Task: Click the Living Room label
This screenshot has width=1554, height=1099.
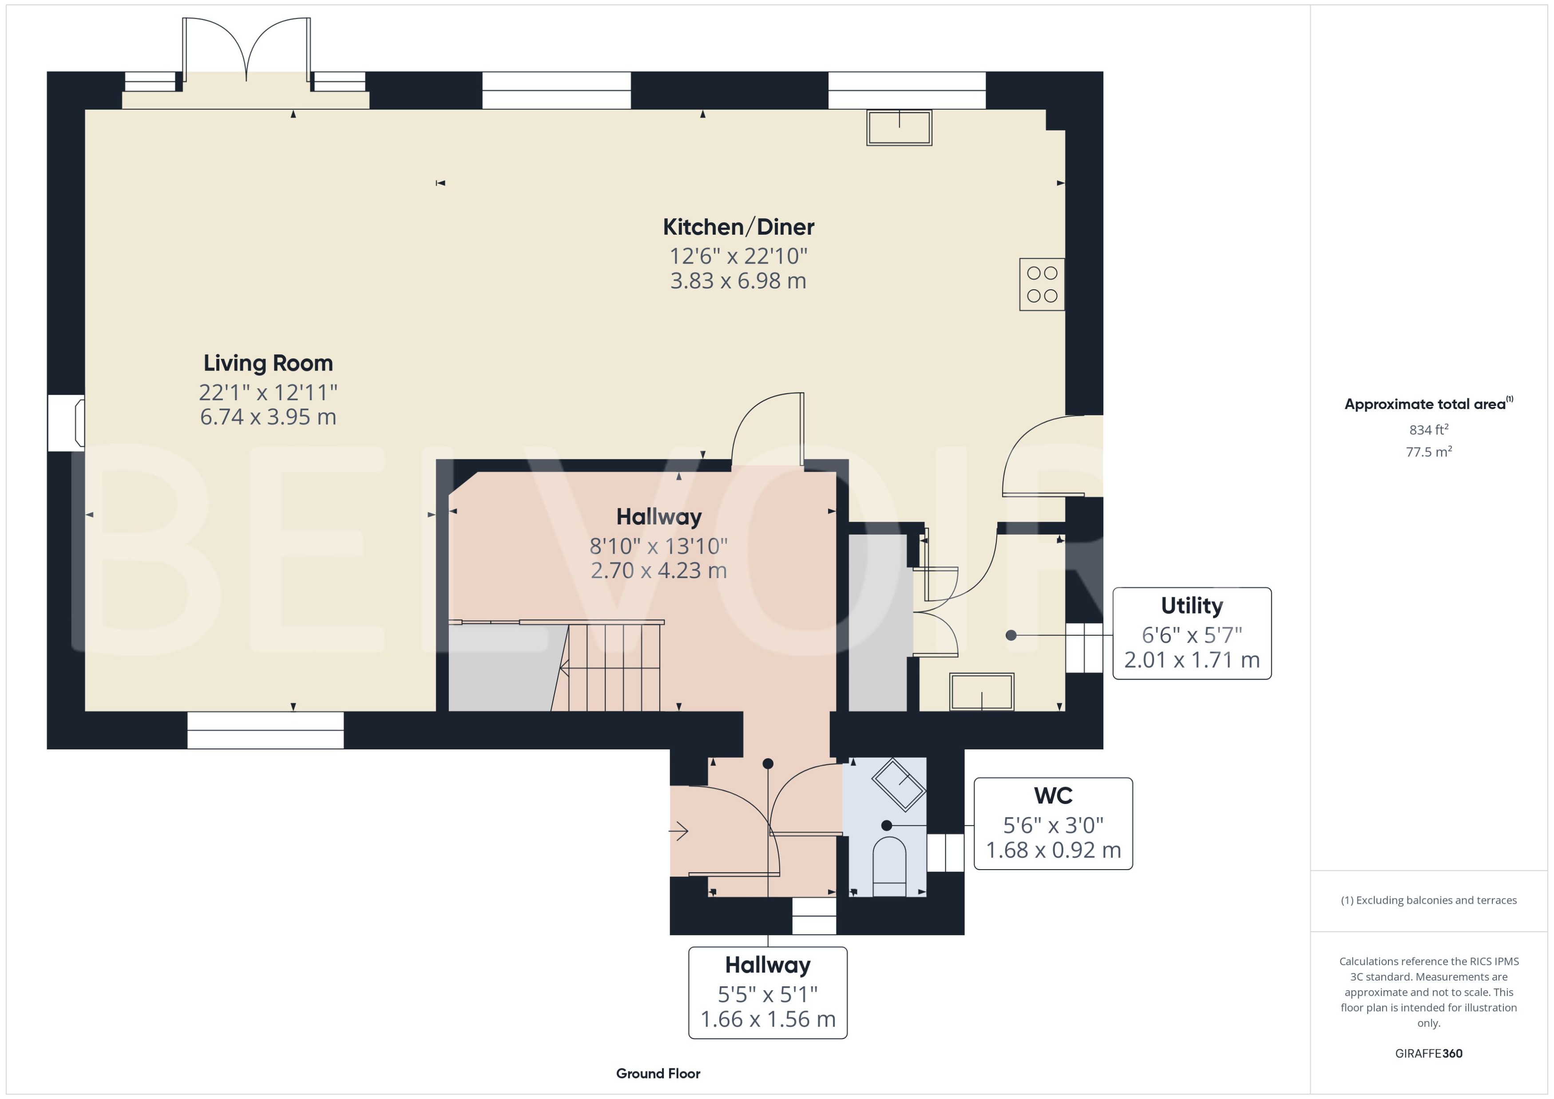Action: pyautogui.click(x=268, y=363)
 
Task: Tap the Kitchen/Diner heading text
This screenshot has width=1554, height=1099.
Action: pyautogui.click(x=738, y=227)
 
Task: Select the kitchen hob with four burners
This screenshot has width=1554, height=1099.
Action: pyautogui.click(x=1042, y=284)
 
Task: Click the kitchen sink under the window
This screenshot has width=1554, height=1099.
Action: pyautogui.click(x=899, y=127)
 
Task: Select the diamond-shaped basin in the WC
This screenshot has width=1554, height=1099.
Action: pyautogui.click(x=899, y=784)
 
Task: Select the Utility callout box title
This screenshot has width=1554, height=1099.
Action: pyautogui.click(x=1192, y=606)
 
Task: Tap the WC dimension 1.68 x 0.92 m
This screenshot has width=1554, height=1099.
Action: pyautogui.click(x=1053, y=850)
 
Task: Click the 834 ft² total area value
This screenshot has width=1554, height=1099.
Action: pyautogui.click(x=1429, y=430)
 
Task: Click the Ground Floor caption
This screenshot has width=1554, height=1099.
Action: pyautogui.click(x=658, y=1073)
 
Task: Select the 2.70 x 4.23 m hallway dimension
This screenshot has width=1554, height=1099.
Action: pyautogui.click(x=658, y=571)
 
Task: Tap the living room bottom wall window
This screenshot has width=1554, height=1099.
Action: pyautogui.click(x=266, y=730)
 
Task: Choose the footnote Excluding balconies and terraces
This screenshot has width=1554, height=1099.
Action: pyautogui.click(x=1429, y=900)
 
